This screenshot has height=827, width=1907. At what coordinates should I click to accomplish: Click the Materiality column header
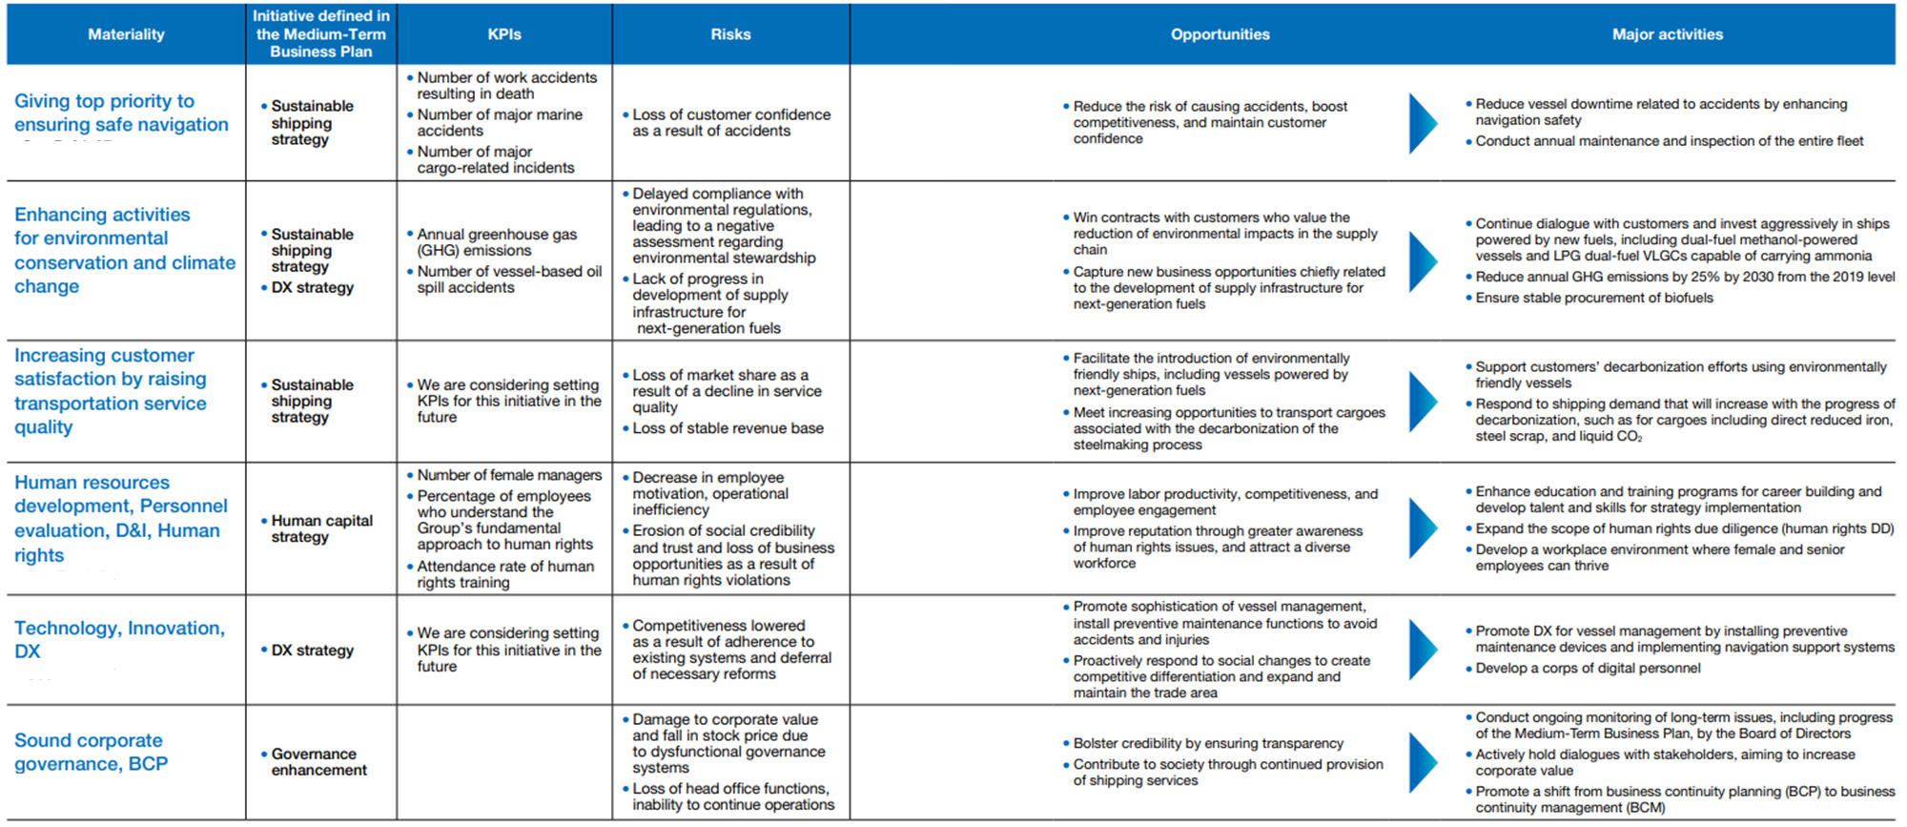[126, 34]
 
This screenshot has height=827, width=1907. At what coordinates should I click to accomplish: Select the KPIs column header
[504, 34]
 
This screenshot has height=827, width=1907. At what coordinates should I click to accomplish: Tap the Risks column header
[730, 34]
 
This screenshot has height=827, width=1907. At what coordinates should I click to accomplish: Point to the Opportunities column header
[1220, 34]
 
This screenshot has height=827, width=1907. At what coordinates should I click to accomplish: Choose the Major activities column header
[1667, 34]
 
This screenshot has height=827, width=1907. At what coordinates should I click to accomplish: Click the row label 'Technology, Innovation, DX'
[119, 639]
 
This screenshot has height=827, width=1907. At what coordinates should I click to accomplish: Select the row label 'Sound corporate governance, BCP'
[91, 752]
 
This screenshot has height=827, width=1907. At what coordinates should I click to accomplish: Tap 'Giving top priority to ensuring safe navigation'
[121, 113]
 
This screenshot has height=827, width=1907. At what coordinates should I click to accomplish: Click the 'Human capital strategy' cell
[321, 528]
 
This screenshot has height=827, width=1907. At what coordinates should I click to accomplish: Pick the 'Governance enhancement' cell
[318, 761]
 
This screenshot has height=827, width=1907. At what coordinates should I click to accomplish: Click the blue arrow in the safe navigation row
[1422, 123]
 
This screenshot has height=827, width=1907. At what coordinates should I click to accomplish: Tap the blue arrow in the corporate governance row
[1422, 761]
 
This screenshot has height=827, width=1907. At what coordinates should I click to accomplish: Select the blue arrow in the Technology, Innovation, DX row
[1422, 650]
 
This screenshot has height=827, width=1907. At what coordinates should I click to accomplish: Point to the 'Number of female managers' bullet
[509, 475]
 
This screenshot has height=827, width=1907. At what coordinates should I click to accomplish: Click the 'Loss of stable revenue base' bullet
[728, 428]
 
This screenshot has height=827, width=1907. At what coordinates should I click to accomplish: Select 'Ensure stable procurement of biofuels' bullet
[1593, 298]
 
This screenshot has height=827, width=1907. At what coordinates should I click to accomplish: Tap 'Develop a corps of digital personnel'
[1588, 668]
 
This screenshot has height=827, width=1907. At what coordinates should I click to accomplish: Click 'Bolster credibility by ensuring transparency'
[1208, 743]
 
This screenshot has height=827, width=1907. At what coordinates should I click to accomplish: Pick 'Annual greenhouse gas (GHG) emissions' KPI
[496, 242]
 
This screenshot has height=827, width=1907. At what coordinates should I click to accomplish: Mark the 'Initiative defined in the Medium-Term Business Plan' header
[320, 34]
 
